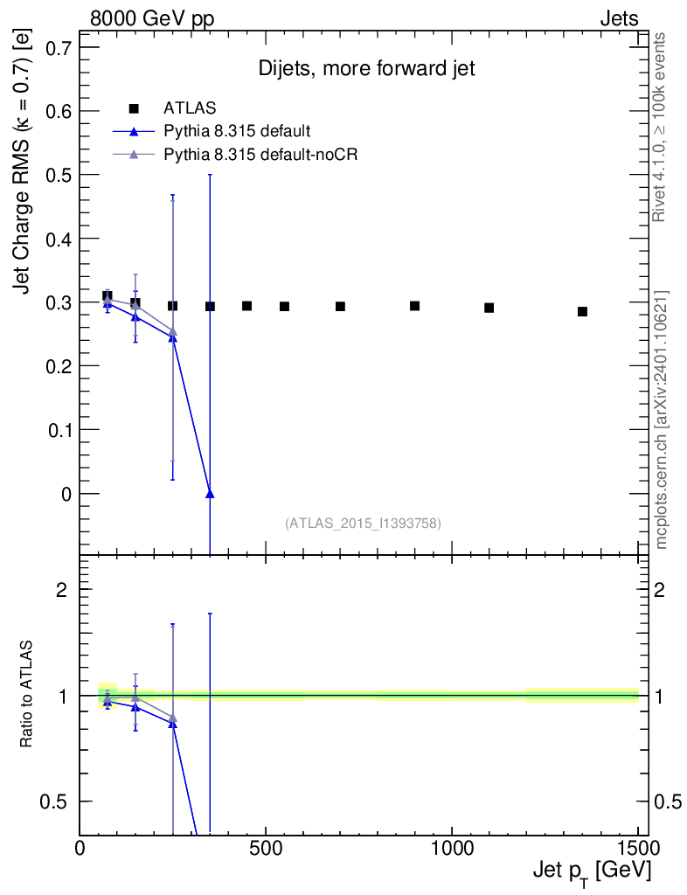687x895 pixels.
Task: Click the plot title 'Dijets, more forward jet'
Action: pos(366,70)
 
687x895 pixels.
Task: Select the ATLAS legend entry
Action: pos(191,108)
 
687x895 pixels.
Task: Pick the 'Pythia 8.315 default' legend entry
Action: pos(237,131)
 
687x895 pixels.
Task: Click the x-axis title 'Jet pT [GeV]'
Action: pos(590,871)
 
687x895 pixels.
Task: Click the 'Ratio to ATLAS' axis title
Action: pos(27,695)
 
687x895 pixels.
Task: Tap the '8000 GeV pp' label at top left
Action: pos(152,18)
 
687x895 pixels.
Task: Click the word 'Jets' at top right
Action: pos(618,18)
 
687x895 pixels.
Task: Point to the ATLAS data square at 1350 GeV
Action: pos(582,311)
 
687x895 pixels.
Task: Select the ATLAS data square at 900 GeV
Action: pos(414,306)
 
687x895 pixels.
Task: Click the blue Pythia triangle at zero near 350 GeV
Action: pos(210,494)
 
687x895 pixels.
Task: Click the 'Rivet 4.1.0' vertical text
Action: pos(660,127)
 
